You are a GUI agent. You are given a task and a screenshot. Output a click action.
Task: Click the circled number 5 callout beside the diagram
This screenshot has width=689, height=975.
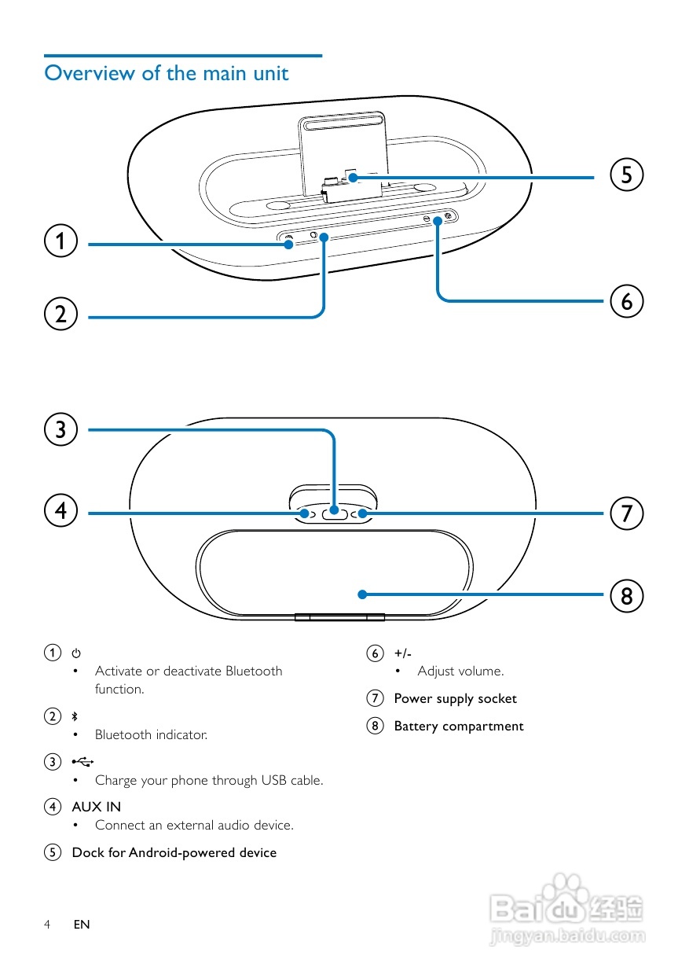(626, 175)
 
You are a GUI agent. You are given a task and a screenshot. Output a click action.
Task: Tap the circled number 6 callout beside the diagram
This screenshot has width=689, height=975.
(626, 301)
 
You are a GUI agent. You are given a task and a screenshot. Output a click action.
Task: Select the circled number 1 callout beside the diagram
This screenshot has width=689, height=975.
(60, 241)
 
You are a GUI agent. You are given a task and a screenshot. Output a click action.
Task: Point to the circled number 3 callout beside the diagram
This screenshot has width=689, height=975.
(60, 429)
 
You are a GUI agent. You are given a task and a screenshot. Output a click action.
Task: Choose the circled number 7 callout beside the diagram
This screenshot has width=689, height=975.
(626, 513)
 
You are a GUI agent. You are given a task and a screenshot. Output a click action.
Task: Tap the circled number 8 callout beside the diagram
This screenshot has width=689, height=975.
(626, 594)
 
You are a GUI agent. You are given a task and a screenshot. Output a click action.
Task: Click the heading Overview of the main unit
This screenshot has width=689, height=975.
(167, 73)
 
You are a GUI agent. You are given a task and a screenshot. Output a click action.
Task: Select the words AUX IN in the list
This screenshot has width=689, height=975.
(96, 807)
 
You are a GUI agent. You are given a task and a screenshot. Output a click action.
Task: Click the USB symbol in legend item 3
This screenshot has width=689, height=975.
(82, 761)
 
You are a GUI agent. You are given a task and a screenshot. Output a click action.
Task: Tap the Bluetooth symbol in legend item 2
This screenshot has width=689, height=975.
(75, 716)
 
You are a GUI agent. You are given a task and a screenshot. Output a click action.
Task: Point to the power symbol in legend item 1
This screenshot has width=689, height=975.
(75, 653)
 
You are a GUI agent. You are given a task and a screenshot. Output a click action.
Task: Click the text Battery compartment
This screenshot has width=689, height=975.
(458, 727)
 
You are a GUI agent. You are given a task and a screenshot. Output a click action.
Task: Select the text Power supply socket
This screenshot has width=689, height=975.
(455, 698)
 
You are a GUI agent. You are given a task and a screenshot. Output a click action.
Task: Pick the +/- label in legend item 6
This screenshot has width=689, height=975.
(402, 653)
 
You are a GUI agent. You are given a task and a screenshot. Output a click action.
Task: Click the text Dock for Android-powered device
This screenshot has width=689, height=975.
(174, 852)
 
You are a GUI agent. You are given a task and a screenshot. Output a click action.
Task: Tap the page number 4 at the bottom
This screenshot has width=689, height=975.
(47, 925)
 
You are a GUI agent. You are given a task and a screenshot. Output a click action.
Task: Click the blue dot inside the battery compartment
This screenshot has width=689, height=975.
(362, 594)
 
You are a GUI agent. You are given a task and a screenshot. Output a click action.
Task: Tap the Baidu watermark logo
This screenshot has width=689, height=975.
(566, 912)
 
